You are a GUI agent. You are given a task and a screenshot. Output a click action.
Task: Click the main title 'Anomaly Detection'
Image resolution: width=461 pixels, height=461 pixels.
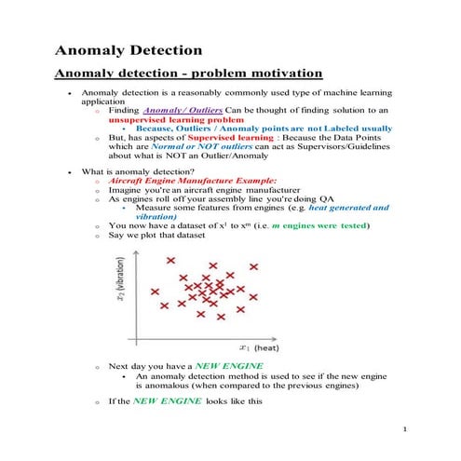(127, 48)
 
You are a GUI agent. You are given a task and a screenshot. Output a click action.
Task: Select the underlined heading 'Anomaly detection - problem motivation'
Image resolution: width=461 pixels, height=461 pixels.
(189, 73)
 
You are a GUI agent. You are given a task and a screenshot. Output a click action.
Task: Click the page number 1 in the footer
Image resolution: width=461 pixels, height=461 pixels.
(407, 429)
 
